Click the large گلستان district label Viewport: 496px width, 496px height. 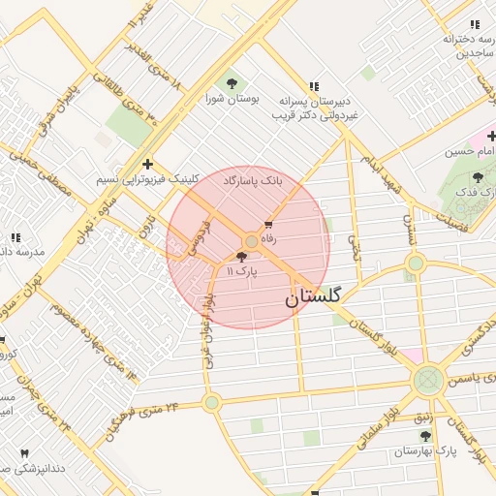pyautogui.click(x=313, y=299)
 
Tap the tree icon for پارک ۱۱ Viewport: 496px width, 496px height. pyautogui.click(x=241, y=257)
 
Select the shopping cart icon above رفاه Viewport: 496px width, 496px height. pyautogui.click(x=268, y=224)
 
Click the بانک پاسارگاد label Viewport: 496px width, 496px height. pyautogui.click(x=253, y=181)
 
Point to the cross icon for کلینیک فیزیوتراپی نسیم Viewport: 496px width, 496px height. pyautogui.click(x=146, y=164)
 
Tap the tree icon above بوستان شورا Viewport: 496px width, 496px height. pyautogui.click(x=231, y=82)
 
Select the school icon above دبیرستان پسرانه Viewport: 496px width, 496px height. pyautogui.click(x=313, y=86)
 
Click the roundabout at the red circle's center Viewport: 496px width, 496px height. pyautogui.click(x=251, y=240)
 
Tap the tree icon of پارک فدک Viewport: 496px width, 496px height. pyautogui.click(x=478, y=177)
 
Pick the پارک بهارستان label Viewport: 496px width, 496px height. pyautogui.click(x=424, y=451)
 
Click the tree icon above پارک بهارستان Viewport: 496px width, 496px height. pyautogui.click(x=425, y=437)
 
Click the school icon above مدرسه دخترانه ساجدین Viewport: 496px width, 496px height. pyautogui.click(x=474, y=24)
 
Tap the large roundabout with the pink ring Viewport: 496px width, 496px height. pyautogui.click(x=427, y=381)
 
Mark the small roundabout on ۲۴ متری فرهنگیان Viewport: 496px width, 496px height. pyautogui.click(x=212, y=402)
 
